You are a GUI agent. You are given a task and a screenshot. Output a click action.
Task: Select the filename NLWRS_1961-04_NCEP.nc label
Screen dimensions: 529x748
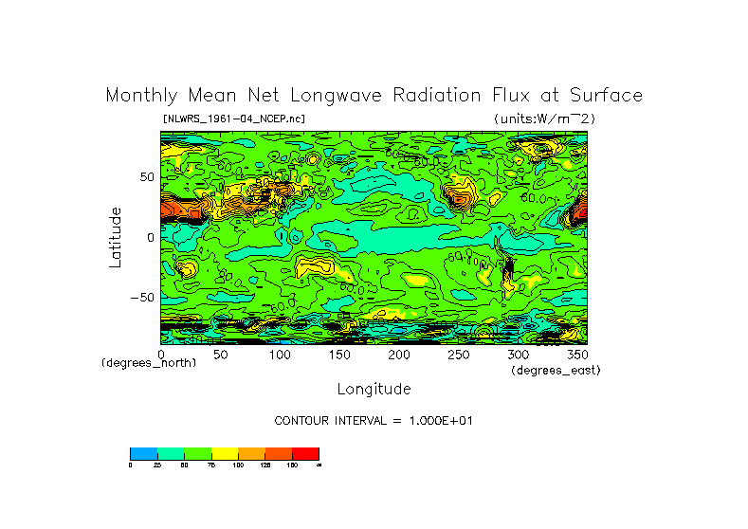(x=234, y=119)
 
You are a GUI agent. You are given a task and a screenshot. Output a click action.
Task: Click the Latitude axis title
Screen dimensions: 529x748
(x=115, y=237)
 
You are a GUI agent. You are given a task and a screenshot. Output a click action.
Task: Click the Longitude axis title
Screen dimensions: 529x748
(x=374, y=389)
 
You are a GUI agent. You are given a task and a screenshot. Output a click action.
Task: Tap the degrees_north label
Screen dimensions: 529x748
(x=149, y=363)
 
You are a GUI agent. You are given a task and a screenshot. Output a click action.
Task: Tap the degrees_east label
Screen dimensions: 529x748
(x=556, y=370)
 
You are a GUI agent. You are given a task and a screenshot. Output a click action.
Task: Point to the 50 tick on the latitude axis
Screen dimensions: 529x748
(x=146, y=177)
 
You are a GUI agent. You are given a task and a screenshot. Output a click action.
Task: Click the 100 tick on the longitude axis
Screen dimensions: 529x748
(x=280, y=355)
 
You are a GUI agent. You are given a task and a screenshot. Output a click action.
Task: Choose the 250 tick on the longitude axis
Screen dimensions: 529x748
(x=458, y=355)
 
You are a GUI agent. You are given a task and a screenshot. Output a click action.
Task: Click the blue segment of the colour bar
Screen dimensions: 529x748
(x=143, y=453)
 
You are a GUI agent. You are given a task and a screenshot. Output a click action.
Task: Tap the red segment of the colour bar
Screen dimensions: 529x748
(x=305, y=453)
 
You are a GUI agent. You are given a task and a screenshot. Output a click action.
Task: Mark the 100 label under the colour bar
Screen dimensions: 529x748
(x=238, y=465)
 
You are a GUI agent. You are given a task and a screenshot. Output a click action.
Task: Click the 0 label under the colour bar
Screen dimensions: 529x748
(x=131, y=465)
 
